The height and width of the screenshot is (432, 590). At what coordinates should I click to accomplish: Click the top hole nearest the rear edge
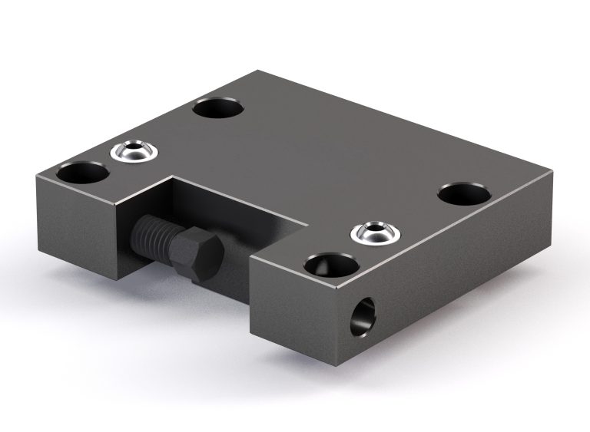pos(218,108)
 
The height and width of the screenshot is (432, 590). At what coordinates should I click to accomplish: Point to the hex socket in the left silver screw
pos(134,149)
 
